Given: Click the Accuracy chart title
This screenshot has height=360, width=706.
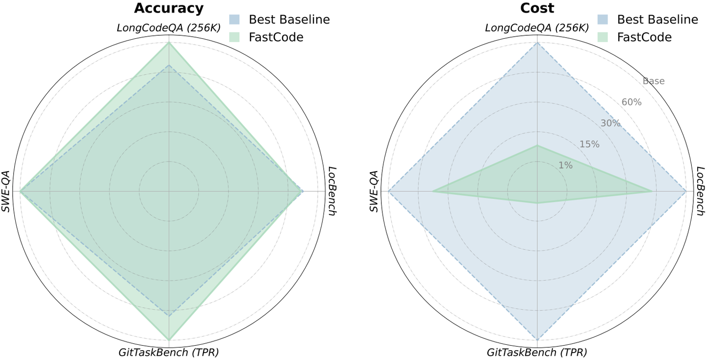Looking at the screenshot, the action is point(169,8).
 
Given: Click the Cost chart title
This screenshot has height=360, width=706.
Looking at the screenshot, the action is point(537,8).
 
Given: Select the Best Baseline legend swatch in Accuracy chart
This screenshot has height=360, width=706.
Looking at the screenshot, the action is point(234,20).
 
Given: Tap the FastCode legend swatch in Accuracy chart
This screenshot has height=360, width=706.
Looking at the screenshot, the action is point(234,37).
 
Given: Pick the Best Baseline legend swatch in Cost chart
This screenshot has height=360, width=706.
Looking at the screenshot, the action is point(602,20).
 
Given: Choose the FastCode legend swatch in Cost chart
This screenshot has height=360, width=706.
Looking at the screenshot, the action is point(602,37).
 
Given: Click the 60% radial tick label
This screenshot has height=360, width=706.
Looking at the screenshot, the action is point(631,102).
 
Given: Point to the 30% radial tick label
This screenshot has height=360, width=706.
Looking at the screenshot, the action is point(610,123).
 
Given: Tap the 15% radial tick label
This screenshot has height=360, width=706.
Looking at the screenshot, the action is point(589,144).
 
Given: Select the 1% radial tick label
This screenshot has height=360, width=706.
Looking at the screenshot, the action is point(565,165).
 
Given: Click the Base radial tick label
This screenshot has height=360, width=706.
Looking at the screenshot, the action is point(654,81).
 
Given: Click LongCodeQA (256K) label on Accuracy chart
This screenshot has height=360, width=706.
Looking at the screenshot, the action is point(169,28).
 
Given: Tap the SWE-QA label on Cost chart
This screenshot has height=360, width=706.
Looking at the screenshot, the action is point(374,191).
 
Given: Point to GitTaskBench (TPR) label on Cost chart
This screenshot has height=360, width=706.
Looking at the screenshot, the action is point(537,352).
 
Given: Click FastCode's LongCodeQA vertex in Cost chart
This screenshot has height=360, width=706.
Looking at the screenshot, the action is point(537,146).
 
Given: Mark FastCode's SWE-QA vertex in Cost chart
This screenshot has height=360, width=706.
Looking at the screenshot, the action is point(432,191).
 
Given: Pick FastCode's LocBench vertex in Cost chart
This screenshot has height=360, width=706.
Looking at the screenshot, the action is point(652,191).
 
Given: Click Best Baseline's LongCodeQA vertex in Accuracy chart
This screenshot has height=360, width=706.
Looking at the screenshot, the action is point(169,65).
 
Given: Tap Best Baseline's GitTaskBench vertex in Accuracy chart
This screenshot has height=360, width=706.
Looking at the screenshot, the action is point(169,315).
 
